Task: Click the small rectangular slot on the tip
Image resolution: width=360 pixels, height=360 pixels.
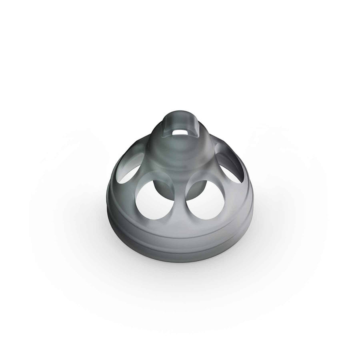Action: [179, 131]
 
